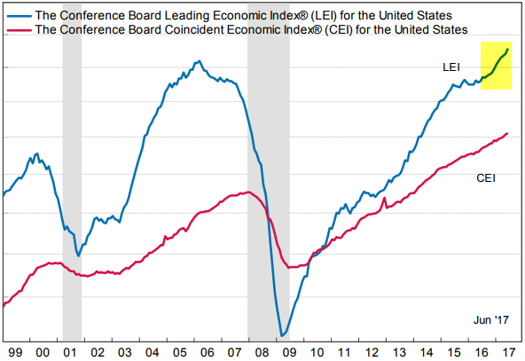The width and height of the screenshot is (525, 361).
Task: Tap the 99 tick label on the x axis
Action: (x=15, y=351)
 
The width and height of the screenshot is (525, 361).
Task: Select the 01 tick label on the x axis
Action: (x=71, y=351)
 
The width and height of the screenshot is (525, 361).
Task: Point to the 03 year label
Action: (x=127, y=351)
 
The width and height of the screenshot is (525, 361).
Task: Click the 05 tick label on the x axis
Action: (x=182, y=351)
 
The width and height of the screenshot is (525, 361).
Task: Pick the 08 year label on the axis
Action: (x=265, y=351)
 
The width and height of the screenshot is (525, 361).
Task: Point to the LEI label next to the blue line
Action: (x=452, y=67)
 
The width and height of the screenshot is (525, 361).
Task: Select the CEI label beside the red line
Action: (x=486, y=178)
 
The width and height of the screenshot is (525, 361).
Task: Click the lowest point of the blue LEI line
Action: (x=283, y=335)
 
